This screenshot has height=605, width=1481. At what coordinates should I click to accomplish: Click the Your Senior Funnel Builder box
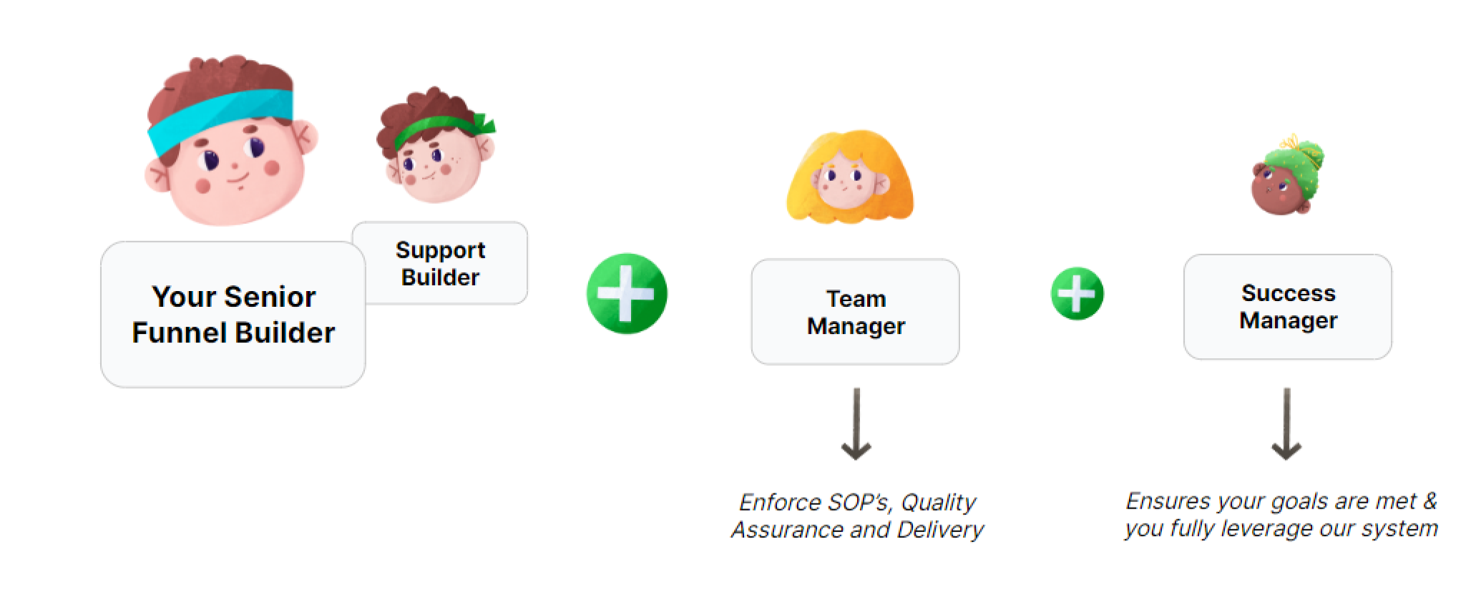coord(233,315)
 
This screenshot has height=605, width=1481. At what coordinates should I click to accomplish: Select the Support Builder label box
coord(440,263)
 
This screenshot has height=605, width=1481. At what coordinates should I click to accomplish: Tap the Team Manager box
coord(855,312)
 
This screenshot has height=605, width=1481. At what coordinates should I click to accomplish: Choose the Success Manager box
coord(1288,307)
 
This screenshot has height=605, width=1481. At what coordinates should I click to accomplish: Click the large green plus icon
coord(627,293)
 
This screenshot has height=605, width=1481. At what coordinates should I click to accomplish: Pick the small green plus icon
coord(1077,293)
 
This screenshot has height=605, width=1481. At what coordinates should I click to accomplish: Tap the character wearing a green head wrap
coord(1286,179)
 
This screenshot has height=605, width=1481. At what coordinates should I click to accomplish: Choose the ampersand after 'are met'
coord(1429,501)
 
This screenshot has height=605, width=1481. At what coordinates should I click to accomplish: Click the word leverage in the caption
coord(1265,529)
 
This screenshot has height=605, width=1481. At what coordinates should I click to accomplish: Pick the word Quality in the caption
coord(938,503)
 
